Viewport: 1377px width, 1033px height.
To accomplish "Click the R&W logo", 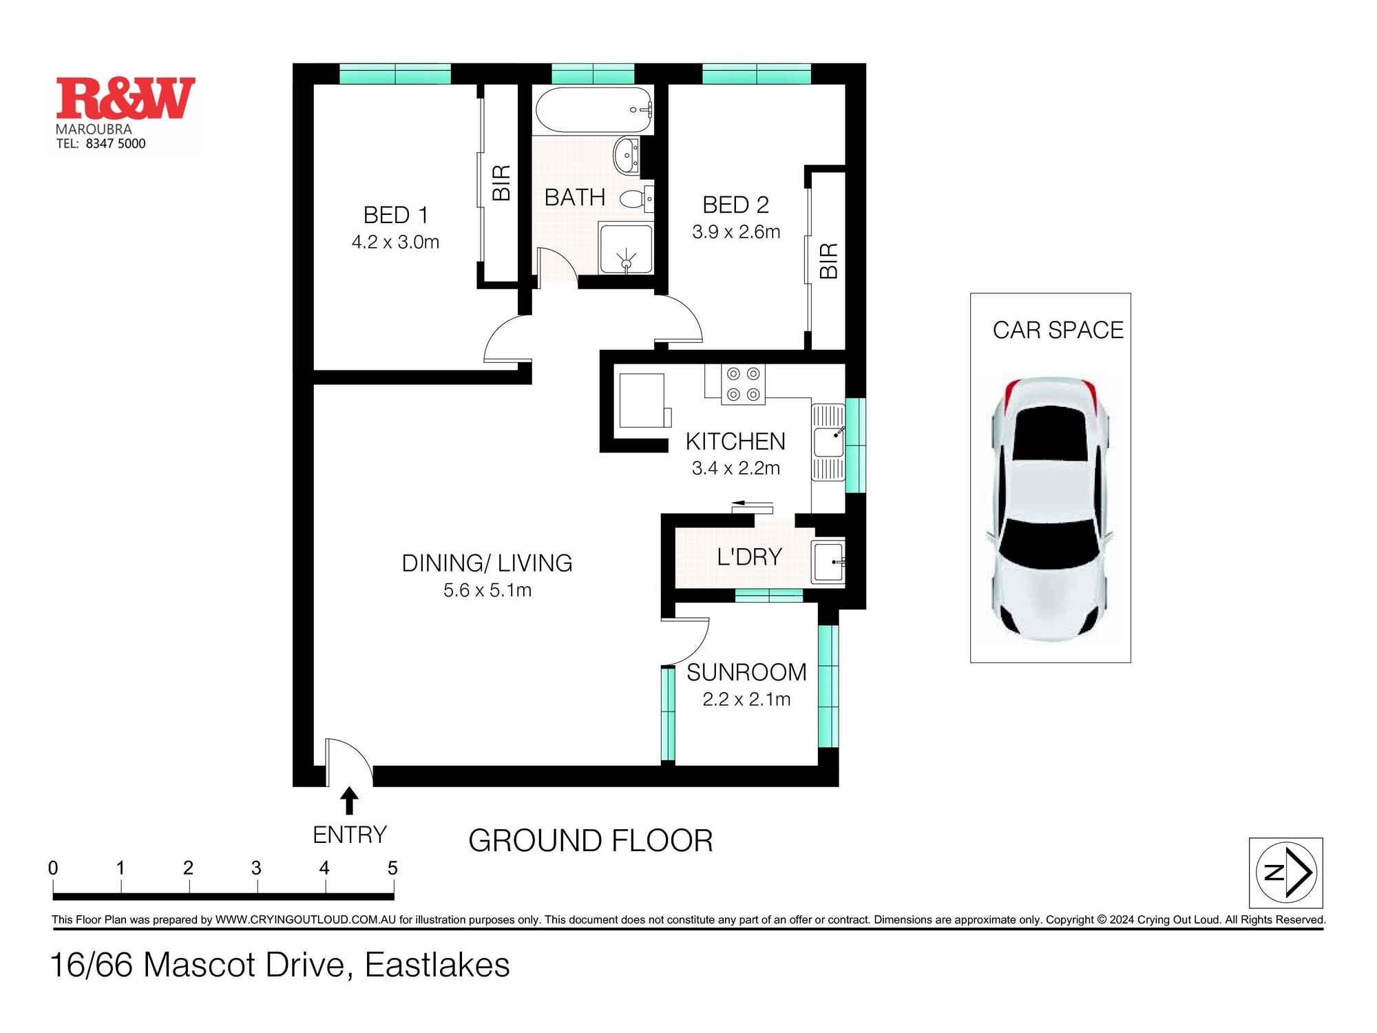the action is coord(126,98).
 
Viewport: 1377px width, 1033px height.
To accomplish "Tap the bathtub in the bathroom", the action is coord(593,109).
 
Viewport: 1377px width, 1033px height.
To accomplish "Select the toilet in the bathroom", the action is coord(635,199).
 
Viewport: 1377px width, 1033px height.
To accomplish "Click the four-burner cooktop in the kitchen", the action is coord(744,384).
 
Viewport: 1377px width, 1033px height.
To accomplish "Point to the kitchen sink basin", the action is coord(828,441).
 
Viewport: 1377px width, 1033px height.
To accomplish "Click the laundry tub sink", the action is coord(828,562).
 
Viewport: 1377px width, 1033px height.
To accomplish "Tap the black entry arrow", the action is coord(349,801).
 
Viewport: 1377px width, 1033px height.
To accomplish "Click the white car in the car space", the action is coord(1051,510).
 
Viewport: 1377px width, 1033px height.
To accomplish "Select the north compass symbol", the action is coord(1286,873).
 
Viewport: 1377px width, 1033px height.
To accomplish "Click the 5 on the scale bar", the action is coord(392,868).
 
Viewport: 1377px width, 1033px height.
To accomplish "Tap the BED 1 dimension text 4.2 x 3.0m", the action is coord(395,242).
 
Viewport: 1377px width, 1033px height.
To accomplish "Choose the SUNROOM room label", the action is coord(746,672).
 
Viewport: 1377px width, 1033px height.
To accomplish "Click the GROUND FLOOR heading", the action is coord(591,841).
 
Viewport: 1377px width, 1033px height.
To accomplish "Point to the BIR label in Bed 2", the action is coord(829,260).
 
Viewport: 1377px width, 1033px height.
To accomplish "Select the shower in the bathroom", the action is coord(625,248).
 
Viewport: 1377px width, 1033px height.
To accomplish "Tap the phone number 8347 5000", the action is coord(116,143).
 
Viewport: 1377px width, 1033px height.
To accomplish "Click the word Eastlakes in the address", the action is coord(437,965).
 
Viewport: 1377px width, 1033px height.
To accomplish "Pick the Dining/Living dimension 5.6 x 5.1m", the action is coord(487,590).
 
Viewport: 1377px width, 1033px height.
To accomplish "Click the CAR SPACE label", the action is coord(1058,331).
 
